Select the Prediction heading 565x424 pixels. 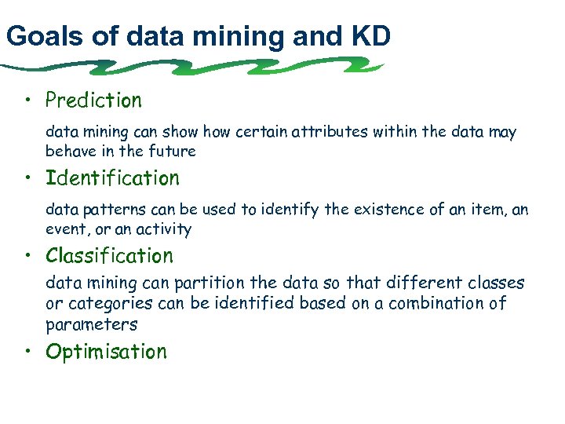tap(93, 101)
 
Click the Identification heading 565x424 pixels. tap(112, 178)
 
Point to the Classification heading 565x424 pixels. tap(109, 256)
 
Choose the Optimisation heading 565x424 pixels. tap(106, 352)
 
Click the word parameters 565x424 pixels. tap(91, 323)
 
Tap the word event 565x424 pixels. tap(64, 229)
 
